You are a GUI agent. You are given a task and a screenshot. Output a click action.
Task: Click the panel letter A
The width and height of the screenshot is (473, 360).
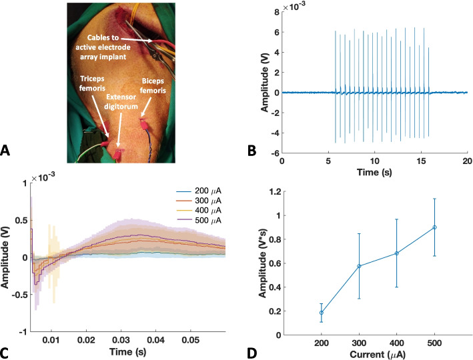pyautogui.click(x=6, y=152)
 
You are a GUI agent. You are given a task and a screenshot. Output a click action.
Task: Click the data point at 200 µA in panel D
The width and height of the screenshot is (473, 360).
pyautogui.click(x=321, y=312)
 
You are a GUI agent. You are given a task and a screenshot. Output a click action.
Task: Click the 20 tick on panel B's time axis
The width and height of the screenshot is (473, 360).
pyautogui.click(x=467, y=161)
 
